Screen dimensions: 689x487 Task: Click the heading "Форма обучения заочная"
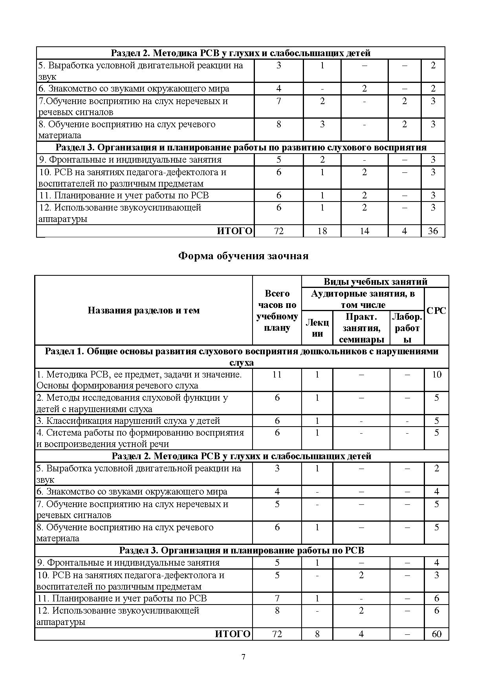[243, 256]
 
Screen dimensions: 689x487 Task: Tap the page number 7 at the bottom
[243, 657]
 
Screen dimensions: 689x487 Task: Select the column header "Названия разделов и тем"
[143, 310]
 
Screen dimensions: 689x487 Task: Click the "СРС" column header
[436, 310]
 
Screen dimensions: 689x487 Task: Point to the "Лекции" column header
[317, 328]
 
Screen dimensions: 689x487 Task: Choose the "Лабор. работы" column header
[407, 328]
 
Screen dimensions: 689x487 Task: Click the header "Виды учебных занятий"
[375, 282]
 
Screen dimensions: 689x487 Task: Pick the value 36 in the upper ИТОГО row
[433, 231]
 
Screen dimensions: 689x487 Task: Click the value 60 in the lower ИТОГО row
[436, 634]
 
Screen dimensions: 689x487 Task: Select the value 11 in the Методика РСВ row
[277, 374]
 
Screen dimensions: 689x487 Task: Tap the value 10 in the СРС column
[436, 374]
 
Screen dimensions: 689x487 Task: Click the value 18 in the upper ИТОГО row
[322, 231]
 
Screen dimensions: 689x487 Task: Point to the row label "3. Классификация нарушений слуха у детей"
[128, 421]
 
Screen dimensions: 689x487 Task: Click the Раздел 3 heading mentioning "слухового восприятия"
[241, 148]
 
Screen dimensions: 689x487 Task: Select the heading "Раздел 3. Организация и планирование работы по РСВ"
[242, 550]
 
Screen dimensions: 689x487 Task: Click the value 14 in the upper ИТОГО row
[364, 231]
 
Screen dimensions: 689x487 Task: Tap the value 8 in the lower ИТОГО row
[317, 634]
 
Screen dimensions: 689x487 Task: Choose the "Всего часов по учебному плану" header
[277, 310]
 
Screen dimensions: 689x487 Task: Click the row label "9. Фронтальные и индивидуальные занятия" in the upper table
[130, 159]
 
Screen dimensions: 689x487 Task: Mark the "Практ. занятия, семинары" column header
[361, 328]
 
